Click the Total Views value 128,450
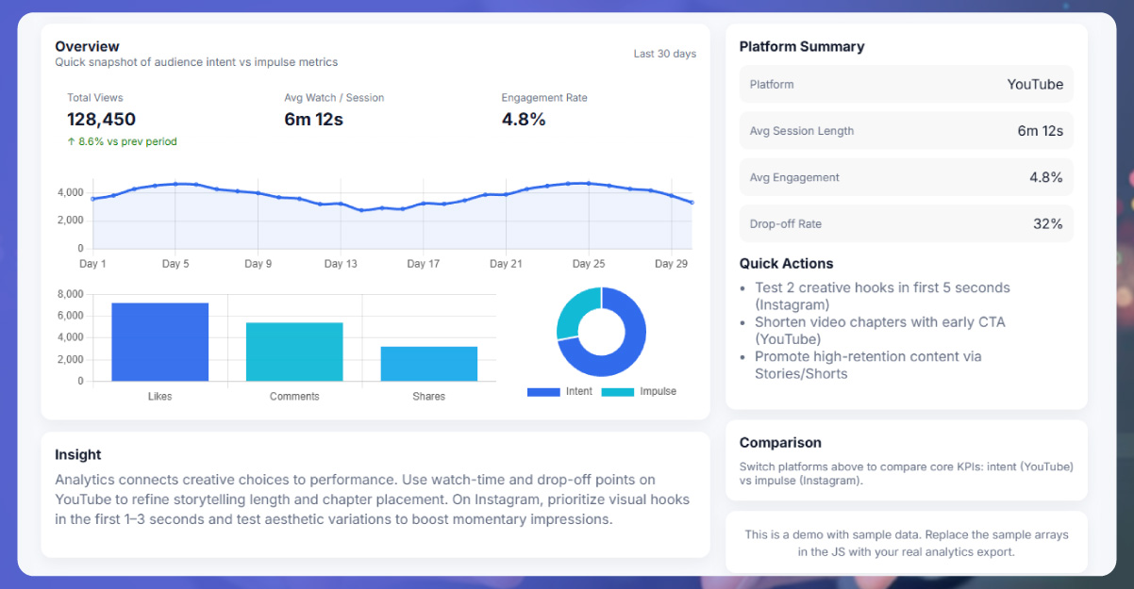101,120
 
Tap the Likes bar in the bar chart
159,341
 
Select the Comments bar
294,352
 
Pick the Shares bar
428,364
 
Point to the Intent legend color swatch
543,392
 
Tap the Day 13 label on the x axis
341,264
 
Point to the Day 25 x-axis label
588,264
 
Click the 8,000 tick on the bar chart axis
70,294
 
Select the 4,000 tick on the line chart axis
70,192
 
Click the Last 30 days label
664,54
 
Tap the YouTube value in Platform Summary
1034,84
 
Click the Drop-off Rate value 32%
1047,223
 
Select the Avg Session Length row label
801,131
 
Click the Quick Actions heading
786,263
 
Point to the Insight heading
78,454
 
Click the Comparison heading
780,442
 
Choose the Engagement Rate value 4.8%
524,120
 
